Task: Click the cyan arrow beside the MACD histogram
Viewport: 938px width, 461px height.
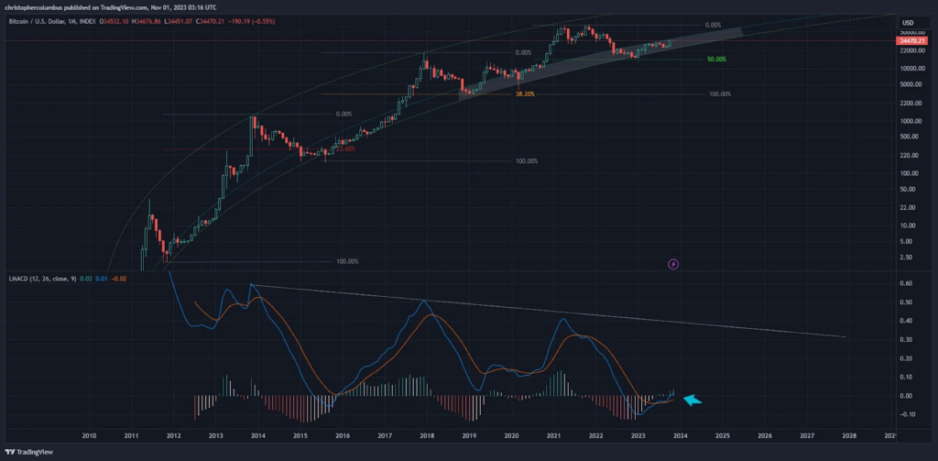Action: click(693, 399)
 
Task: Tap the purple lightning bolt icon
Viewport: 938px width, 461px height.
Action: click(674, 264)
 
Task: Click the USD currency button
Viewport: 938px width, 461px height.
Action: click(910, 22)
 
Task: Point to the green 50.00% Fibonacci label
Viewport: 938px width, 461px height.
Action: click(716, 60)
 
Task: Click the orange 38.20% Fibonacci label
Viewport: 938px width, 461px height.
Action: click(525, 93)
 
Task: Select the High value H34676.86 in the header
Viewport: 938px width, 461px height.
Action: click(148, 22)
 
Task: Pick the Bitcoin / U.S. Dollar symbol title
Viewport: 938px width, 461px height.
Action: click(40, 22)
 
